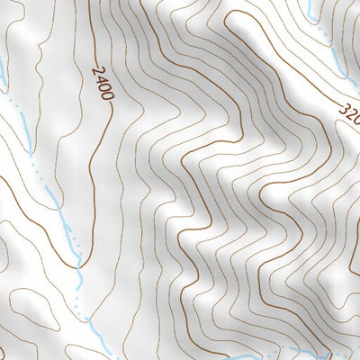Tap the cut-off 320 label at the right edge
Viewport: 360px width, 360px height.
tap(349, 114)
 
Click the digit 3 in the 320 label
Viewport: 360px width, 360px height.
tap(343, 108)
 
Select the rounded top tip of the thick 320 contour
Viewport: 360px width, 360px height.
tap(236, 13)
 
